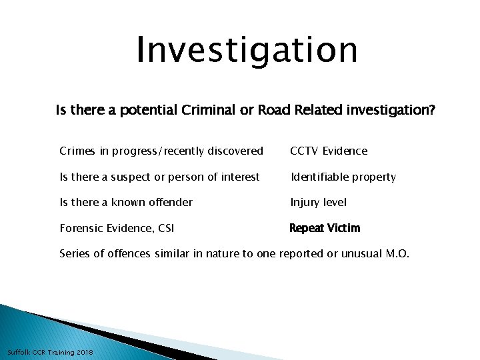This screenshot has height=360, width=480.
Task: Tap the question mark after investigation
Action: coord(432,110)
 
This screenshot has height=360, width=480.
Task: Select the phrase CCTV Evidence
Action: coord(328,151)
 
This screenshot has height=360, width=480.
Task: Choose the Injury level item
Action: coord(318,202)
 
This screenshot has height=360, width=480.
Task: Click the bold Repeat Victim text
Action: coord(324,228)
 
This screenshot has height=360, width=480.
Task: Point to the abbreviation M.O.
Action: coord(399,253)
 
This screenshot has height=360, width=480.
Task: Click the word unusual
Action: coord(357,253)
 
